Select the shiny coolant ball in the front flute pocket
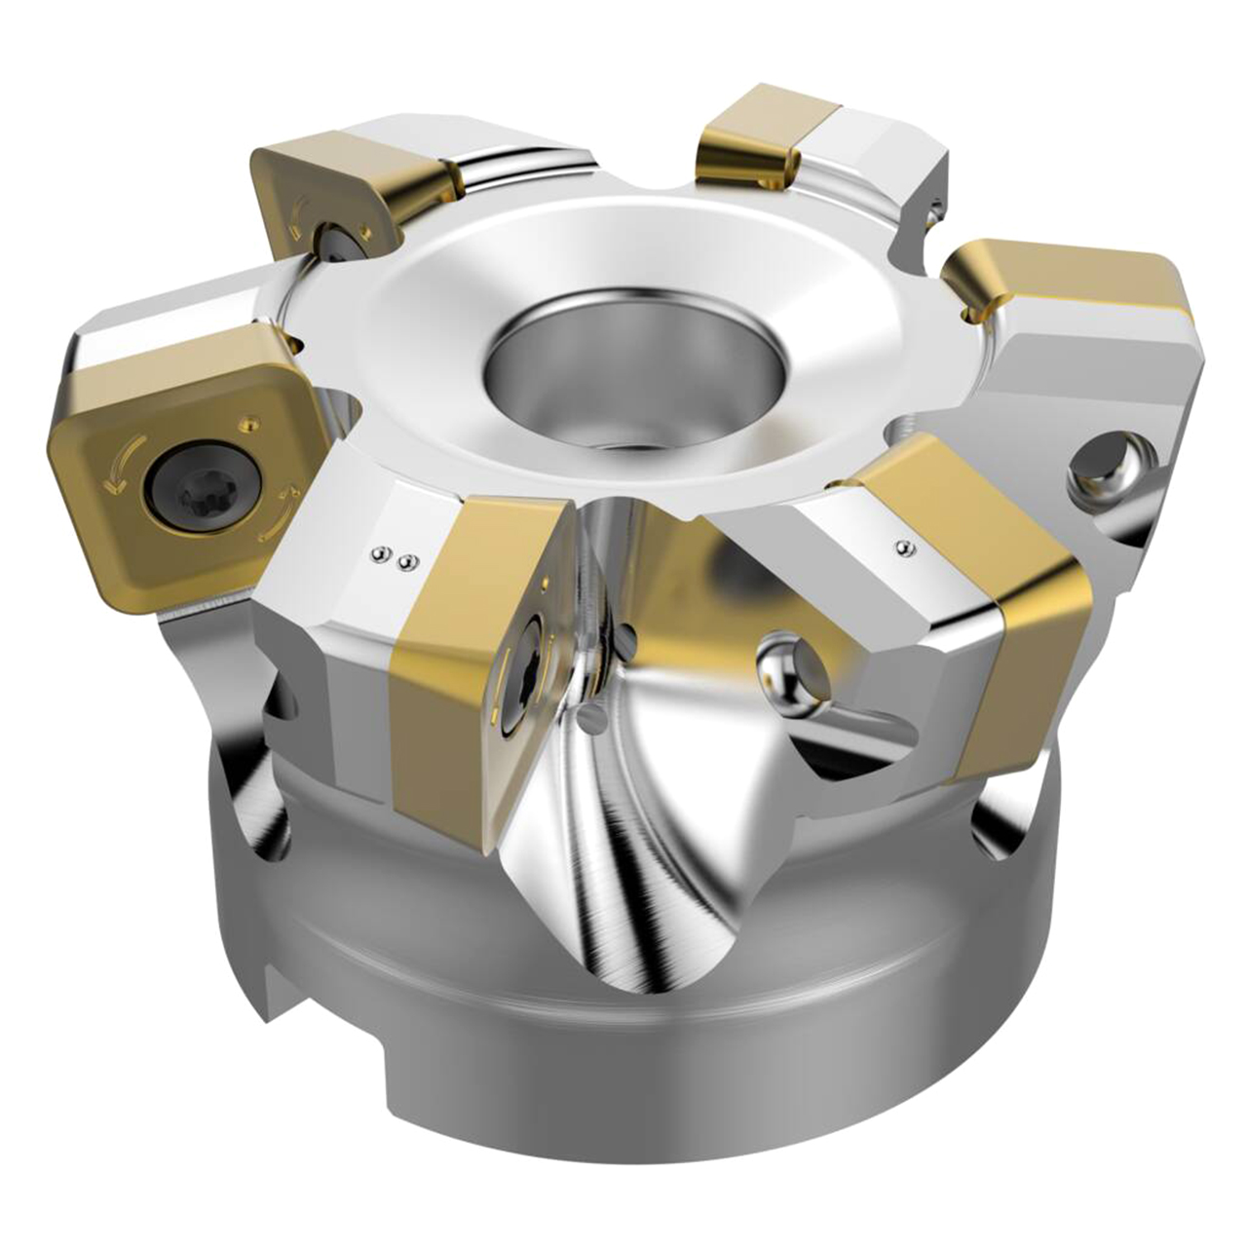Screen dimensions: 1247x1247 pyautogui.click(x=789, y=662)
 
